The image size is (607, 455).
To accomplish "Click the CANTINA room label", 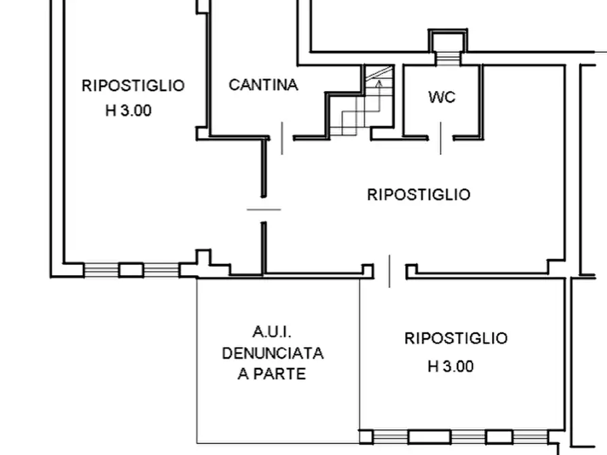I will click(x=263, y=85).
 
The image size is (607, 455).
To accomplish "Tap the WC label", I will click(x=442, y=97).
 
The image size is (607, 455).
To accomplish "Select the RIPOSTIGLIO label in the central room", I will click(x=418, y=195).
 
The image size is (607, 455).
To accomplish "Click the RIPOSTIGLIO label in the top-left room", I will click(x=133, y=86).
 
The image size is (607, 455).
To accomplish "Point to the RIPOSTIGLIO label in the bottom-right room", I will click(x=455, y=338).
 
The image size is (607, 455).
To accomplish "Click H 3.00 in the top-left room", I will click(x=128, y=111).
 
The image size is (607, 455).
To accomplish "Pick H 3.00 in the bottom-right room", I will click(x=450, y=367).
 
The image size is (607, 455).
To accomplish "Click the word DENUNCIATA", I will click(x=273, y=354).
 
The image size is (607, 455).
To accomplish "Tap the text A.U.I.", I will click(x=272, y=332).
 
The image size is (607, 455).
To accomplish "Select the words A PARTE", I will click(x=272, y=374).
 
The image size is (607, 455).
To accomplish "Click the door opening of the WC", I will click(x=440, y=138).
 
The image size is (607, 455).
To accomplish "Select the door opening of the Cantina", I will click(x=282, y=138).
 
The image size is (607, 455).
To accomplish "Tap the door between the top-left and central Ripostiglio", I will click(x=264, y=209).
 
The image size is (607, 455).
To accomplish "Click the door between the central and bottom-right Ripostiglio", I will click(x=389, y=272).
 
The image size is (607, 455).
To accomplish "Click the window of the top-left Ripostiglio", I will click(x=131, y=270).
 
